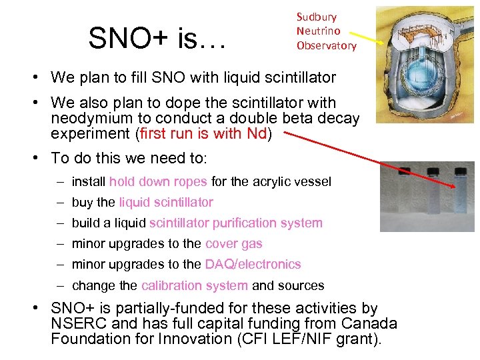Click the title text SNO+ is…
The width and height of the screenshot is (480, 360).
157,39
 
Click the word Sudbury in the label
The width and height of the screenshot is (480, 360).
316,17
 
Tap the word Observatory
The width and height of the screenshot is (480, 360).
327,46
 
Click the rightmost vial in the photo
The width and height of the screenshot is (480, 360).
461,193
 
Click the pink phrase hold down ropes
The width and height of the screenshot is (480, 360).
159,181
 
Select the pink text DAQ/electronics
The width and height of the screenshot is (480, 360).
253,265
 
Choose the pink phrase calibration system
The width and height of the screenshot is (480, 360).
195,286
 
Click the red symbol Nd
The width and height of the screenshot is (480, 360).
257,133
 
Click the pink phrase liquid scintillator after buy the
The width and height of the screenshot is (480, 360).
166,203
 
